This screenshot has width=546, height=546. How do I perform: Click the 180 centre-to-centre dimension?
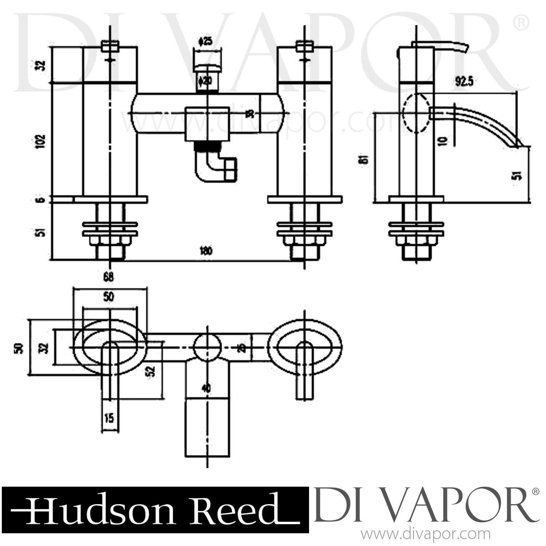tap(206, 252)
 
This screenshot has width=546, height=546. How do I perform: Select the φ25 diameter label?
tap(206, 41)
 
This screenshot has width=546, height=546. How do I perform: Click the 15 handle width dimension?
tap(109, 417)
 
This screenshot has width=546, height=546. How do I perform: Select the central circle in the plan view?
tap(207, 346)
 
